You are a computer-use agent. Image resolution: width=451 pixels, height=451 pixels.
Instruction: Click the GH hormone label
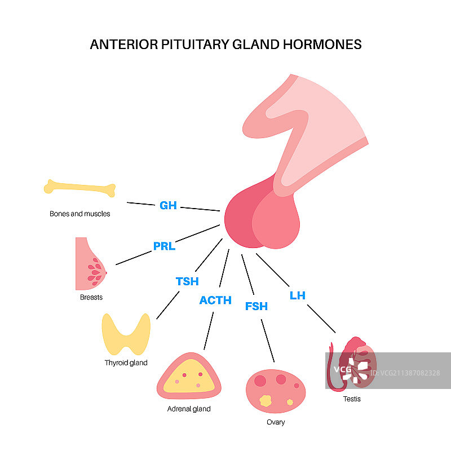(x=168, y=205)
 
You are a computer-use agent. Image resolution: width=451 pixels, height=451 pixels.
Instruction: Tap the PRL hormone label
(x=164, y=246)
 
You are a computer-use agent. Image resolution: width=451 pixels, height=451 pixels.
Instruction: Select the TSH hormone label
(x=187, y=281)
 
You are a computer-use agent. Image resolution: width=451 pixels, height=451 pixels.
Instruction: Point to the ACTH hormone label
(x=215, y=300)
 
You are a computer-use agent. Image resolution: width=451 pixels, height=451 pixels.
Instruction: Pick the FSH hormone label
(x=257, y=306)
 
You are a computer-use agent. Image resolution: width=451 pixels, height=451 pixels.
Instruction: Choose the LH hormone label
(x=297, y=295)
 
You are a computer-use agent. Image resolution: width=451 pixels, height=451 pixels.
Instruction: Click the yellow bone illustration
(x=79, y=188)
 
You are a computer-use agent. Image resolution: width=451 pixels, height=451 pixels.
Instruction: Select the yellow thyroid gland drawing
(x=126, y=333)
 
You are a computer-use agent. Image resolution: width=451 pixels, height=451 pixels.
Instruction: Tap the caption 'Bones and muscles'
(x=80, y=214)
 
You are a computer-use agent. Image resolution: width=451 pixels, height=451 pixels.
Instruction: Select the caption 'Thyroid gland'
(x=126, y=362)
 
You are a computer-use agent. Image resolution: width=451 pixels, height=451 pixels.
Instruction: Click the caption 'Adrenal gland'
(x=189, y=409)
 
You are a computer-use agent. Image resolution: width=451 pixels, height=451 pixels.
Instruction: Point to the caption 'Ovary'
(x=276, y=422)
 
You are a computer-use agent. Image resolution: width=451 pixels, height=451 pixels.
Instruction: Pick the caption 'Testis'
(x=352, y=399)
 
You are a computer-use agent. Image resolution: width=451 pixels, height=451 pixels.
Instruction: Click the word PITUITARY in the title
(x=189, y=45)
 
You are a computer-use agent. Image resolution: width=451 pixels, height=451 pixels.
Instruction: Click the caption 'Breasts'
(x=91, y=297)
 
